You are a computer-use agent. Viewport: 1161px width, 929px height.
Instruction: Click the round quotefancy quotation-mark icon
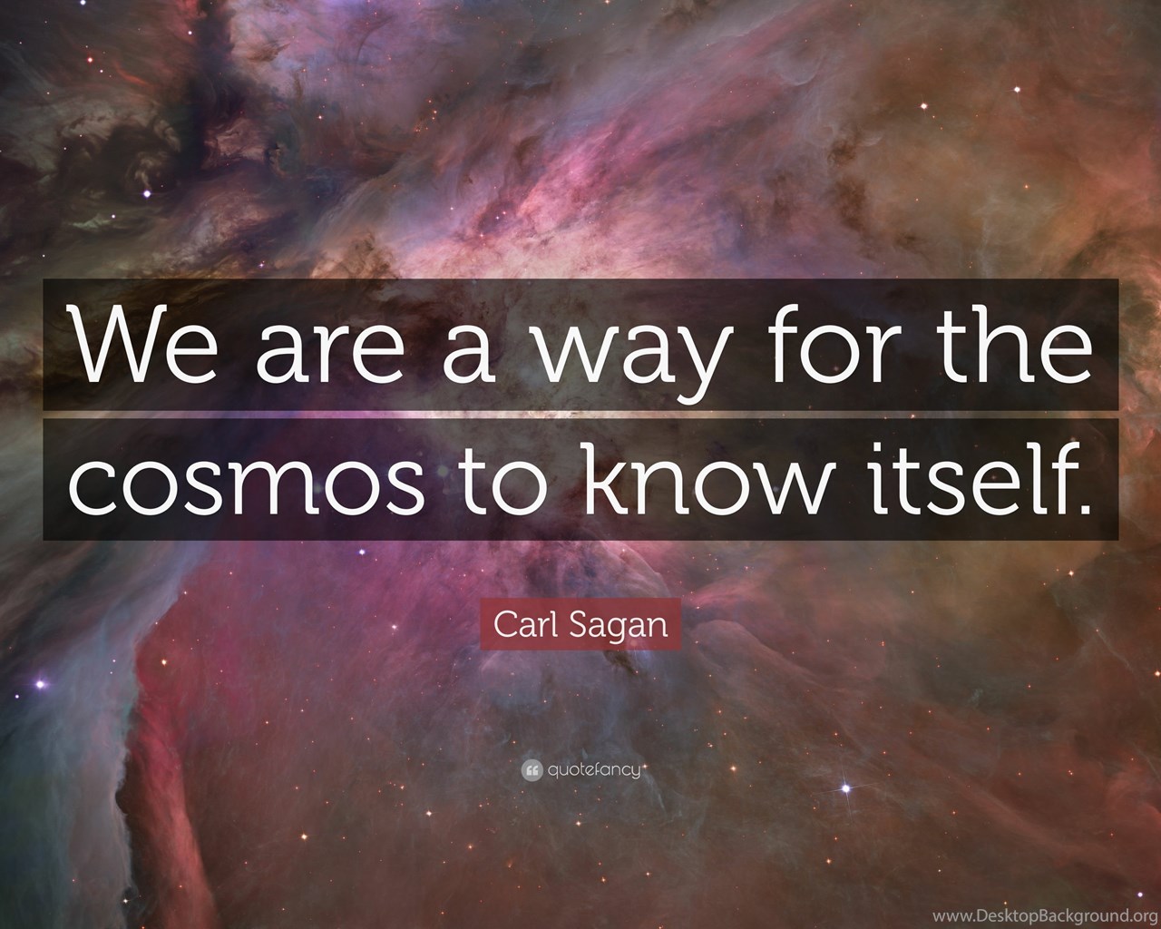[532, 771]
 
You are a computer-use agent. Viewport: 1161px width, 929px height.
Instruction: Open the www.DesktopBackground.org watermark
[1046, 916]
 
